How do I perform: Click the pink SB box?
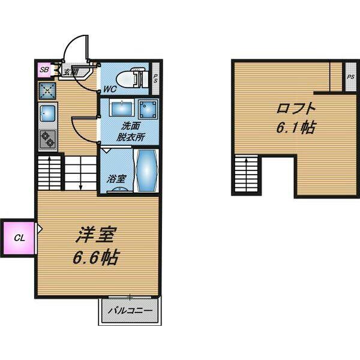[x=44, y=70]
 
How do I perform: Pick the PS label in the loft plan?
[x=350, y=77]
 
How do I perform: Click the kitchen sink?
[x=48, y=113]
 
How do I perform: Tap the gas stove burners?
[x=48, y=140]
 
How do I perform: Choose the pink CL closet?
[x=19, y=238]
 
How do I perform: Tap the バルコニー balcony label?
[x=130, y=311]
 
